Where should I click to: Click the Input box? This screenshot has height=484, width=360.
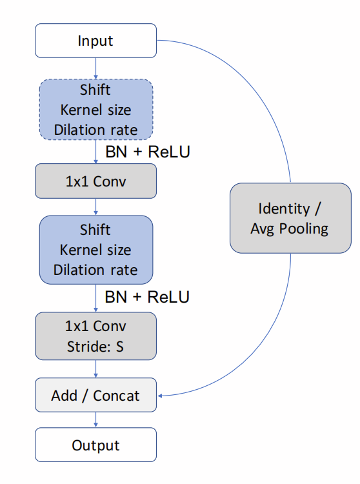(x=95, y=41)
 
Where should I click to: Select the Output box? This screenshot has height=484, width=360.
(x=95, y=445)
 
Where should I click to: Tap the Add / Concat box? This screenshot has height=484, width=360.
(x=95, y=396)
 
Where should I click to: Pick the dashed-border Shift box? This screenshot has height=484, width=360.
(x=95, y=109)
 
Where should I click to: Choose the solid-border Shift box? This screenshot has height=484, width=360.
(x=95, y=250)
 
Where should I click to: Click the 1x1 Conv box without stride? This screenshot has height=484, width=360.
(x=95, y=181)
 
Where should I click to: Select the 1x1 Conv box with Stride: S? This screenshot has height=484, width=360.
(x=95, y=336)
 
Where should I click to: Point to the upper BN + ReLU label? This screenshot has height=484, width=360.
(x=147, y=152)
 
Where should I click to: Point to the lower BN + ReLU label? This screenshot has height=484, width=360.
(x=147, y=297)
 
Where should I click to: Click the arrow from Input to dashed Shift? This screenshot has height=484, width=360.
(x=95, y=68)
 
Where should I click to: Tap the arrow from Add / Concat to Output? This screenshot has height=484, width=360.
(x=95, y=420)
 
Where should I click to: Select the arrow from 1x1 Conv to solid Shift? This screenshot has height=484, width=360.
(x=95, y=207)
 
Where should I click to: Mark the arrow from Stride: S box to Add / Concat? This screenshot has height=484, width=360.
(x=95, y=369)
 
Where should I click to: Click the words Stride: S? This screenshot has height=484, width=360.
(x=95, y=347)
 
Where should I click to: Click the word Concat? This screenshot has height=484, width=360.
(x=116, y=396)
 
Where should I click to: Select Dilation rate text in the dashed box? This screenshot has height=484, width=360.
(x=95, y=130)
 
